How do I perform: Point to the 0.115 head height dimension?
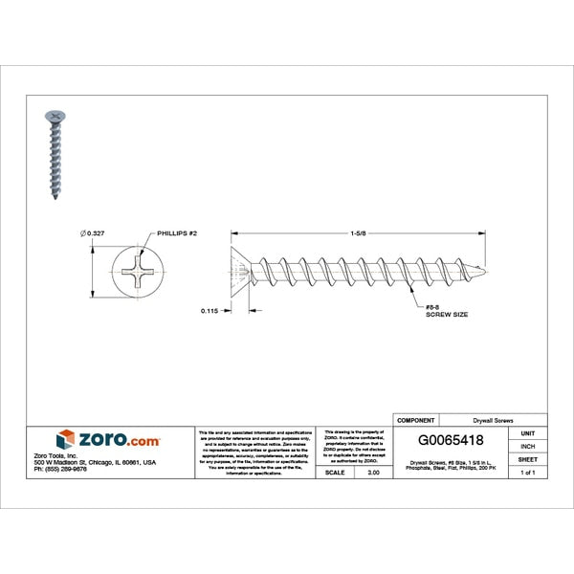click(x=211, y=310)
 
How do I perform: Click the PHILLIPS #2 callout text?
click(x=178, y=232)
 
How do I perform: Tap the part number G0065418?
click(x=452, y=441)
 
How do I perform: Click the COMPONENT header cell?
click(x=415, y=420)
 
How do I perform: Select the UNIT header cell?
click(x=527, y=433)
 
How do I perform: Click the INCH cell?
click(x=527, y=447)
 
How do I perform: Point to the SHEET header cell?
click(x=527, y=460)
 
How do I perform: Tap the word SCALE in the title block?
click(x=336, y=473)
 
